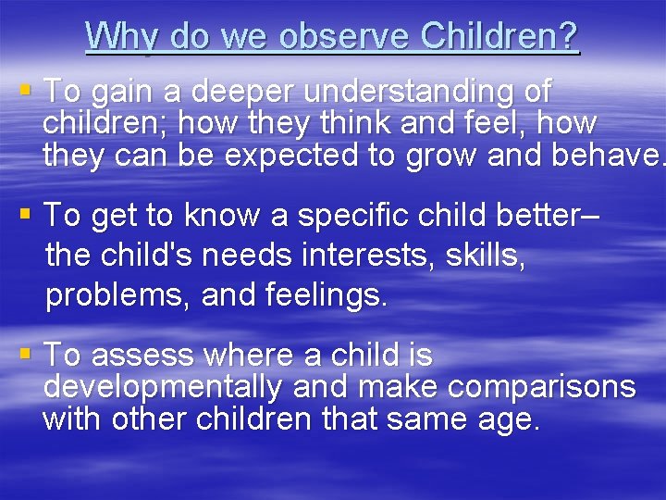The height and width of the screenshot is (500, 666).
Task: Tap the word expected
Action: coord(294,155)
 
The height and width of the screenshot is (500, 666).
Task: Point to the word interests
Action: coord(344,255)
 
